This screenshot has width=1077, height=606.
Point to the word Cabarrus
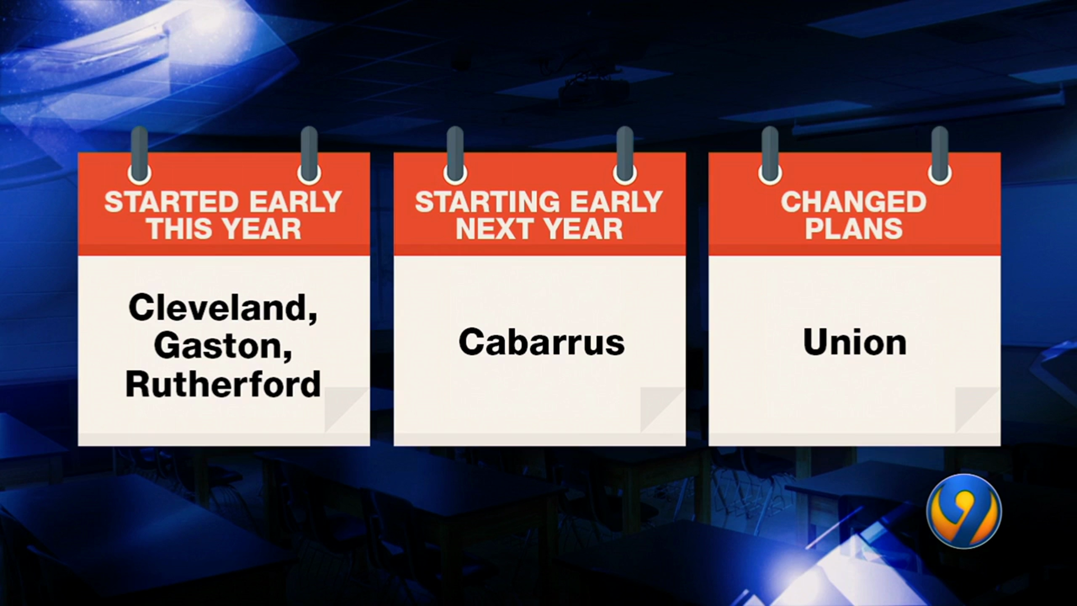click(541, 342)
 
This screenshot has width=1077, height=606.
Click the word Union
click(855, 342)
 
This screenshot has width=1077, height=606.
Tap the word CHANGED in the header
click(854, 202)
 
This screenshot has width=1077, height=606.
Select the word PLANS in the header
click(854, 229)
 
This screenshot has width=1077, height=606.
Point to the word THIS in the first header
click(177, 229)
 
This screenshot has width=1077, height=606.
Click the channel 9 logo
click(964, 511)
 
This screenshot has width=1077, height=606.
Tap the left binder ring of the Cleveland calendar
click(139, 155)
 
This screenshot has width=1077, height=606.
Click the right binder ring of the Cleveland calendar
click(309, 155)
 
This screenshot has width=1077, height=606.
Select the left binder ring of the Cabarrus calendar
click(455, 155)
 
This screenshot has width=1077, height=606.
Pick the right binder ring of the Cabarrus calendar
click(625, 155)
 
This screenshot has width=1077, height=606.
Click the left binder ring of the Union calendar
click(770, 155)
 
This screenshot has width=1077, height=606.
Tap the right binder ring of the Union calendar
click(940, 155)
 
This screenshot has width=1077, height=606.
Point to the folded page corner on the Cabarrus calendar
click(662, 410)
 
